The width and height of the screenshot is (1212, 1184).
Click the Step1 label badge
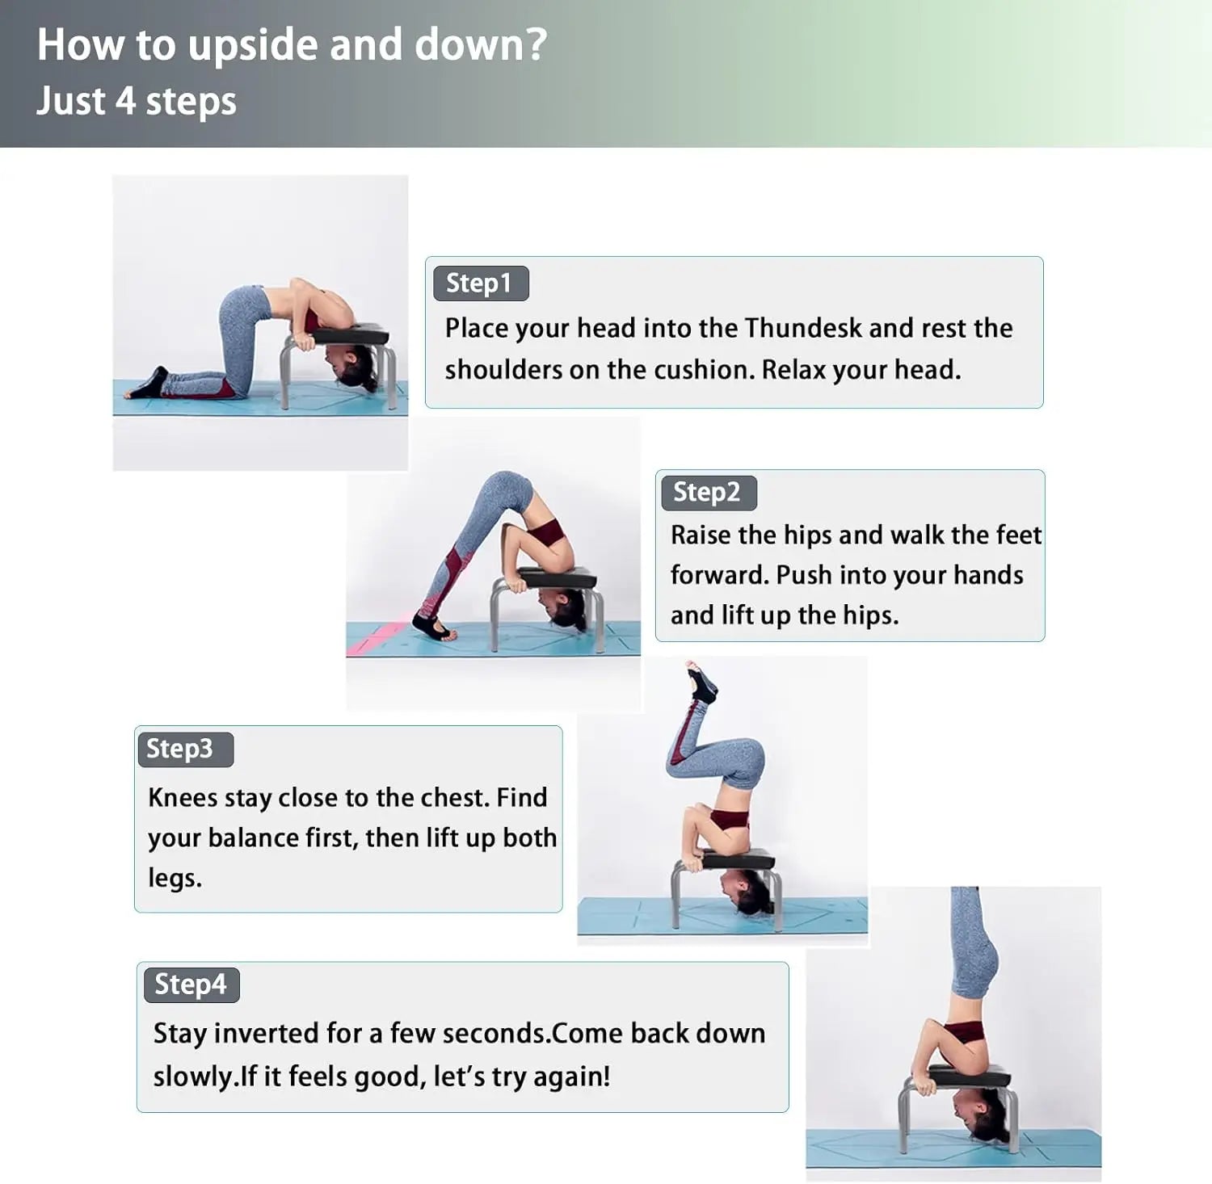(481, 283)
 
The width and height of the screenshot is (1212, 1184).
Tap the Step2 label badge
(709, 493)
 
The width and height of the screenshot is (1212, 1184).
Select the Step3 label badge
(185, 749)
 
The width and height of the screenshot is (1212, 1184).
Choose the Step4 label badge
(191, 985)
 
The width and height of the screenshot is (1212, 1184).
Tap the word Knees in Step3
(183, 798)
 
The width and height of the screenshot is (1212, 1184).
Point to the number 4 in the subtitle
(125, 101)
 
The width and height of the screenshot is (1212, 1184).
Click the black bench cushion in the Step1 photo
(350, 334)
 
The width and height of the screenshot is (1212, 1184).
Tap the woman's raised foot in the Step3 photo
(700, 682)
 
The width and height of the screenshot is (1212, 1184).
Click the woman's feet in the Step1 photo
(147, 384)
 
